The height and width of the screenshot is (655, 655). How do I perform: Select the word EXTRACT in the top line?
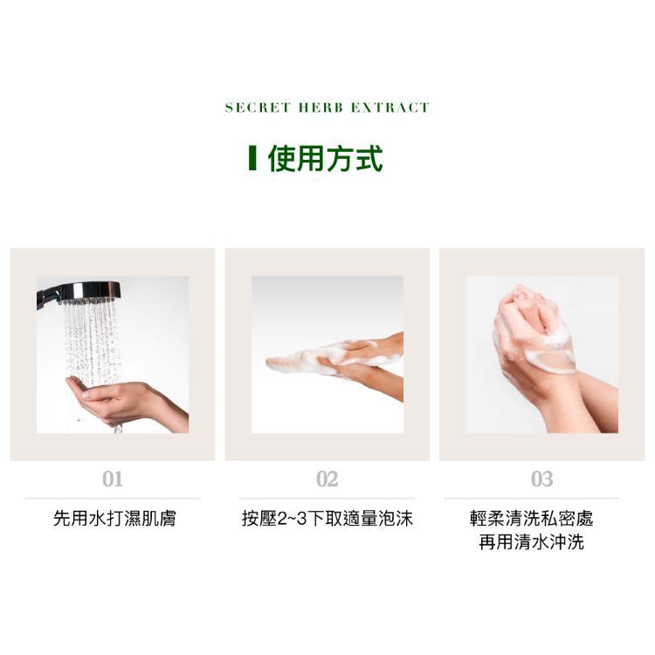click(390, 107)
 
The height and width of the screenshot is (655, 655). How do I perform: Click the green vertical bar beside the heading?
click(252, 158)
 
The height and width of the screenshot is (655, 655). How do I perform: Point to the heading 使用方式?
click(325, 158)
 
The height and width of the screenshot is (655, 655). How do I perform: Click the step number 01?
click(112, 479)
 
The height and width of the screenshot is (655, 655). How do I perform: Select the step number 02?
click(327, 479)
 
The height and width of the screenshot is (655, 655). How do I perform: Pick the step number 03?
click(541, 479)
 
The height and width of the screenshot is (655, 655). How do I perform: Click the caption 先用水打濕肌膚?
click(114, 519)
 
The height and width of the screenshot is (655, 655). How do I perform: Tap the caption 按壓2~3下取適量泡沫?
click(327, 519)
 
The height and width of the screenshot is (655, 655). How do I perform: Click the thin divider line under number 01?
click(112, 498)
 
